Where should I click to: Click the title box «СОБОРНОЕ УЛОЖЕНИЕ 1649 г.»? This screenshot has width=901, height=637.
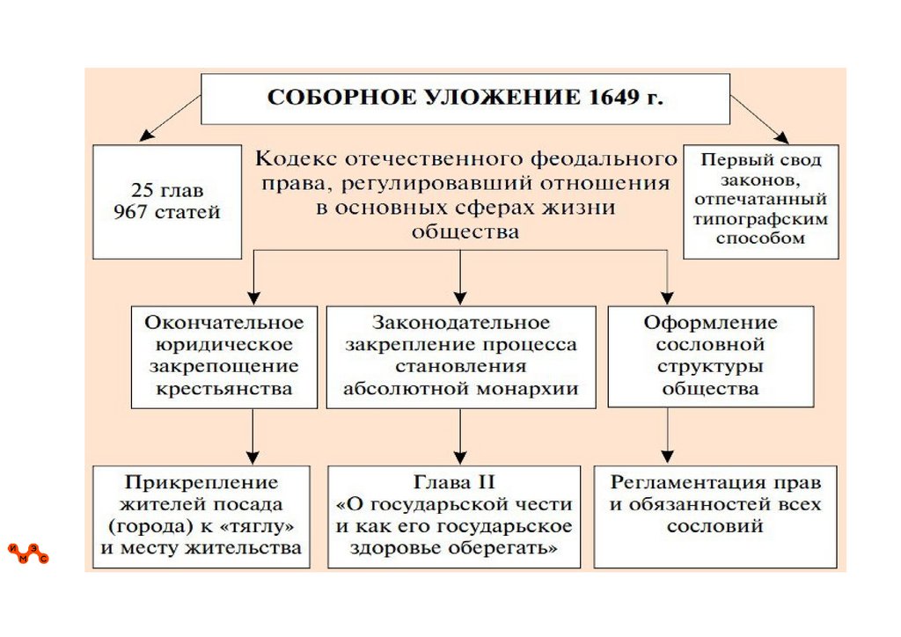[x=465, y=99]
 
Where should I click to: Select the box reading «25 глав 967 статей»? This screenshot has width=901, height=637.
[x=167, y=201]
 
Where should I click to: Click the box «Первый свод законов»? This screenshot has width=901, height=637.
[x=760, y=201]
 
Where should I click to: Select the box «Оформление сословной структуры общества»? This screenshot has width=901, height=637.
[x=710, y=355]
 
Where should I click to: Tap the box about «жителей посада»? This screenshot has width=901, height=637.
[x=201, y=516]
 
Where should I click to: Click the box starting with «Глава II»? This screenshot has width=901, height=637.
[x=454, y=516]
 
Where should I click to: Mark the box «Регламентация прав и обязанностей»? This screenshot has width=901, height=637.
[x=714, y=516]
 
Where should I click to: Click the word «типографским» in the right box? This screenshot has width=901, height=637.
[x=760, y=220]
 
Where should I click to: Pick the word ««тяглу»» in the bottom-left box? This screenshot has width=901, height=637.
[x=262, y=526]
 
